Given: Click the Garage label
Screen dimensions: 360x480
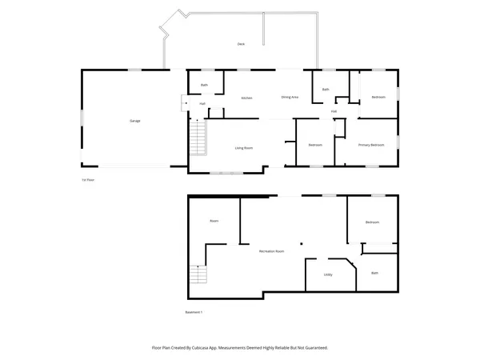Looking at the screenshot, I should click(x=134, y=121).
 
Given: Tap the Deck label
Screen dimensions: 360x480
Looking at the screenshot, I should click(x=240, y=43).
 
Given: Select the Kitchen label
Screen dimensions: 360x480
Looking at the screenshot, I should click(x=247, y=98).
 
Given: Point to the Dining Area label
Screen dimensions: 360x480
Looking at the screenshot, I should click(x=290, y=97).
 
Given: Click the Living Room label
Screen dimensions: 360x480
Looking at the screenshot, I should click(x=244, y=148).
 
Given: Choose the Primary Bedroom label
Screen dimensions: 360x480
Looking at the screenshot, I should click(x=371, y=145).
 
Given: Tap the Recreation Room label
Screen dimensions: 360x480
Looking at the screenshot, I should click(x=272, y=251).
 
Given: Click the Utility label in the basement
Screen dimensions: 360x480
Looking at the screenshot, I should click(x=328, y=274).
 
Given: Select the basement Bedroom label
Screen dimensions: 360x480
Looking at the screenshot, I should click(x=372, y=222).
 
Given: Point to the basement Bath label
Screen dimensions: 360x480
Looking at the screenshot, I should click(x=374, y=273).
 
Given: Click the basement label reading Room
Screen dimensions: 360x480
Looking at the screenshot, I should click(x=214, y=221).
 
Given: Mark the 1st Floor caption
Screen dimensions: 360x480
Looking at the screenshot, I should click(x=88, y=180).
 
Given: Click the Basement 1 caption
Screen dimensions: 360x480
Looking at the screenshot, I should click(x=194, y=312).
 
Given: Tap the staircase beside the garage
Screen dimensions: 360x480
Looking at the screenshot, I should click(x=197, y=139).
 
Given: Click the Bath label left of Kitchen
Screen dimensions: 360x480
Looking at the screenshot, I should click(x=204, y=85).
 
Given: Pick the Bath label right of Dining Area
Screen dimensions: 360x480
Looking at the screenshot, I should click(x=326, y=90).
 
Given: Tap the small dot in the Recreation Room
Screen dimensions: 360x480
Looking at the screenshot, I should click(x=302, y=243).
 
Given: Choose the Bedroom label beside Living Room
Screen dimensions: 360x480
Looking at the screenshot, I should click(x=315, y=145).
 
